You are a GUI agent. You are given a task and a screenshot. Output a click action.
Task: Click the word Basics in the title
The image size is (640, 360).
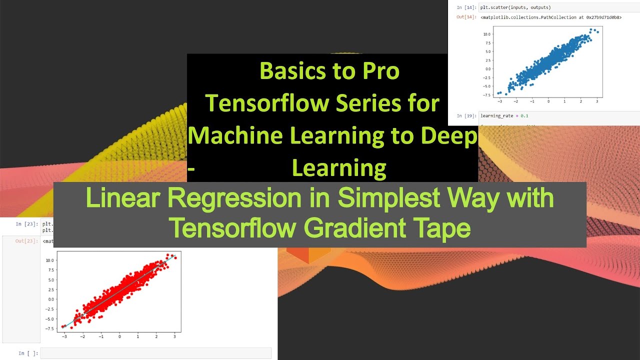288,71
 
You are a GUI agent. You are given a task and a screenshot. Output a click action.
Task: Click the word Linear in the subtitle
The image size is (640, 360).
123,198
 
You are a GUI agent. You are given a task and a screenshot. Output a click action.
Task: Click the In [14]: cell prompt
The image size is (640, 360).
465,7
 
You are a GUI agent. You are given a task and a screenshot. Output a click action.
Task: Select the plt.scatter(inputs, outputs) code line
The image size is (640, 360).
515,7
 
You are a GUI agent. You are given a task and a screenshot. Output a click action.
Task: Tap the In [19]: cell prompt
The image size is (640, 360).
465,116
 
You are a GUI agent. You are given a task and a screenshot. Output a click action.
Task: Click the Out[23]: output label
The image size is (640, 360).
26,241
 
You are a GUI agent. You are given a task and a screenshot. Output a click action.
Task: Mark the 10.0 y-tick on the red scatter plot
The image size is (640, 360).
49,260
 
